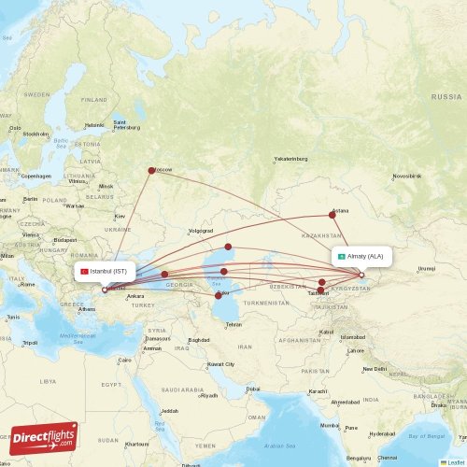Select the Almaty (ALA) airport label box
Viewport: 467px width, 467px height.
[x=360, y=256]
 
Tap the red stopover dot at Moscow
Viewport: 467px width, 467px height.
[x=151, y=170]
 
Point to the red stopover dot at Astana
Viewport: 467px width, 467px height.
[x=333, y=214]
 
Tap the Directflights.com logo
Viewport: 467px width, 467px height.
[x=43, y=436]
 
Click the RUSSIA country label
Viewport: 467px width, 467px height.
[x=446, y=97]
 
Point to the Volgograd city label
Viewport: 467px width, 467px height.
[x=201, y=230]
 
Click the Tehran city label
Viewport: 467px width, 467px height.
[x=233, y=324]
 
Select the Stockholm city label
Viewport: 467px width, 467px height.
[x=35, y=134]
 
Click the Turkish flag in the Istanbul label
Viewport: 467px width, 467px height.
[x=84, y=271]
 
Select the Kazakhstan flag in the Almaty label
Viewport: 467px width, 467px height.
[x=342, y=256]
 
